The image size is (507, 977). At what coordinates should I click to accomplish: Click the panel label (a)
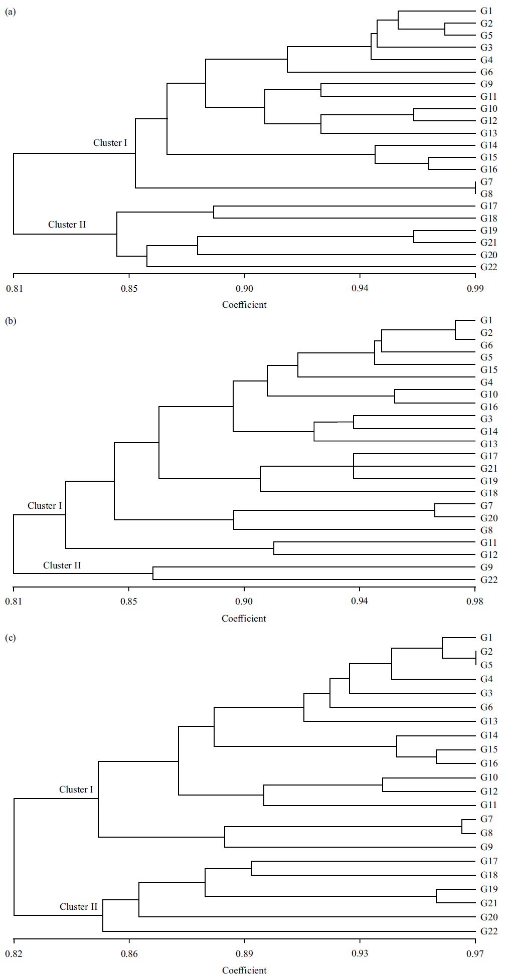coord(10,12)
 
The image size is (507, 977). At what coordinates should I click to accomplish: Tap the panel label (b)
coord(10,321)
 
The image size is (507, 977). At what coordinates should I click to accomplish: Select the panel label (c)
coord(10,638)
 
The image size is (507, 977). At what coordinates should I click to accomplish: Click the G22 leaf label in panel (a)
coord(488,267)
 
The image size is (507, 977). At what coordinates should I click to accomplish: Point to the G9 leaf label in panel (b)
coord(486,567)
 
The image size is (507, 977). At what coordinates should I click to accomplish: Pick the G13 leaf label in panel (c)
coord(488,721)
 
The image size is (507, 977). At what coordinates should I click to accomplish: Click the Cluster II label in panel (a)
coord(67,225)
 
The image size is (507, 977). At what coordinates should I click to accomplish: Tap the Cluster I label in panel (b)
coord(45,506)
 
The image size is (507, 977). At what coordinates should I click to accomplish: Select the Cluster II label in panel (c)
coord(78,907)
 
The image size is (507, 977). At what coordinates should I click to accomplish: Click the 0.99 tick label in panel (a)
coord(475,289)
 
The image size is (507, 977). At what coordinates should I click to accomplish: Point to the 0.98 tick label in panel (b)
coord(474,602)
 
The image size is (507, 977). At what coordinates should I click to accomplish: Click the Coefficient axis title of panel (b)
coord(244,619)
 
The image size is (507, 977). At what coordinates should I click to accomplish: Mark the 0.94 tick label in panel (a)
coord(360,289)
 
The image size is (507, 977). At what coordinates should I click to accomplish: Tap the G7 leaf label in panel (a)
coord(486,182)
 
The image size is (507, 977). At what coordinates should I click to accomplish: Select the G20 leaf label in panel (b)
coord(488,518)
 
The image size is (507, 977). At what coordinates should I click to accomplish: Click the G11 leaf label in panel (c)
coord(488,805)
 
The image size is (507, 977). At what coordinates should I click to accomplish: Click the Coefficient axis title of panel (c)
coord(244,970)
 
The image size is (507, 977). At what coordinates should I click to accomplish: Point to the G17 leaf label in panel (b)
coord(488,456)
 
